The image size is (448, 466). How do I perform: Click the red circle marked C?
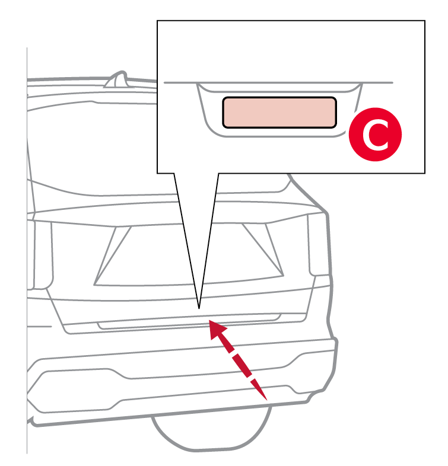[x=375, y=135]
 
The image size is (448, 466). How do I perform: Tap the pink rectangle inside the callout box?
[x=279, y=113]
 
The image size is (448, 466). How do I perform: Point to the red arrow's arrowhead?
[x=217, y=330]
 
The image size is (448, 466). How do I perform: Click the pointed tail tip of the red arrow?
[x=266, y=400]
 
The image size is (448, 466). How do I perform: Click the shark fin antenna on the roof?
[x=117, y=79]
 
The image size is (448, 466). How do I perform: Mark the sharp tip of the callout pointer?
[x=199, y=309]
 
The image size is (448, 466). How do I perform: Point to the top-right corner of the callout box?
[x=425, y=21]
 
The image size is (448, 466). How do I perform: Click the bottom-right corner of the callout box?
[x=425, y=173]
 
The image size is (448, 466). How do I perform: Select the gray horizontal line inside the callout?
[x=278, y=82]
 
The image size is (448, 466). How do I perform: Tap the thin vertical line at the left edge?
[x=27, y=250]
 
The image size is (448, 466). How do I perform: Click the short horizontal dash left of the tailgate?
[x=39, y=326]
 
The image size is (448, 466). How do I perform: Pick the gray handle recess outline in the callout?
[x=279, y=136]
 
